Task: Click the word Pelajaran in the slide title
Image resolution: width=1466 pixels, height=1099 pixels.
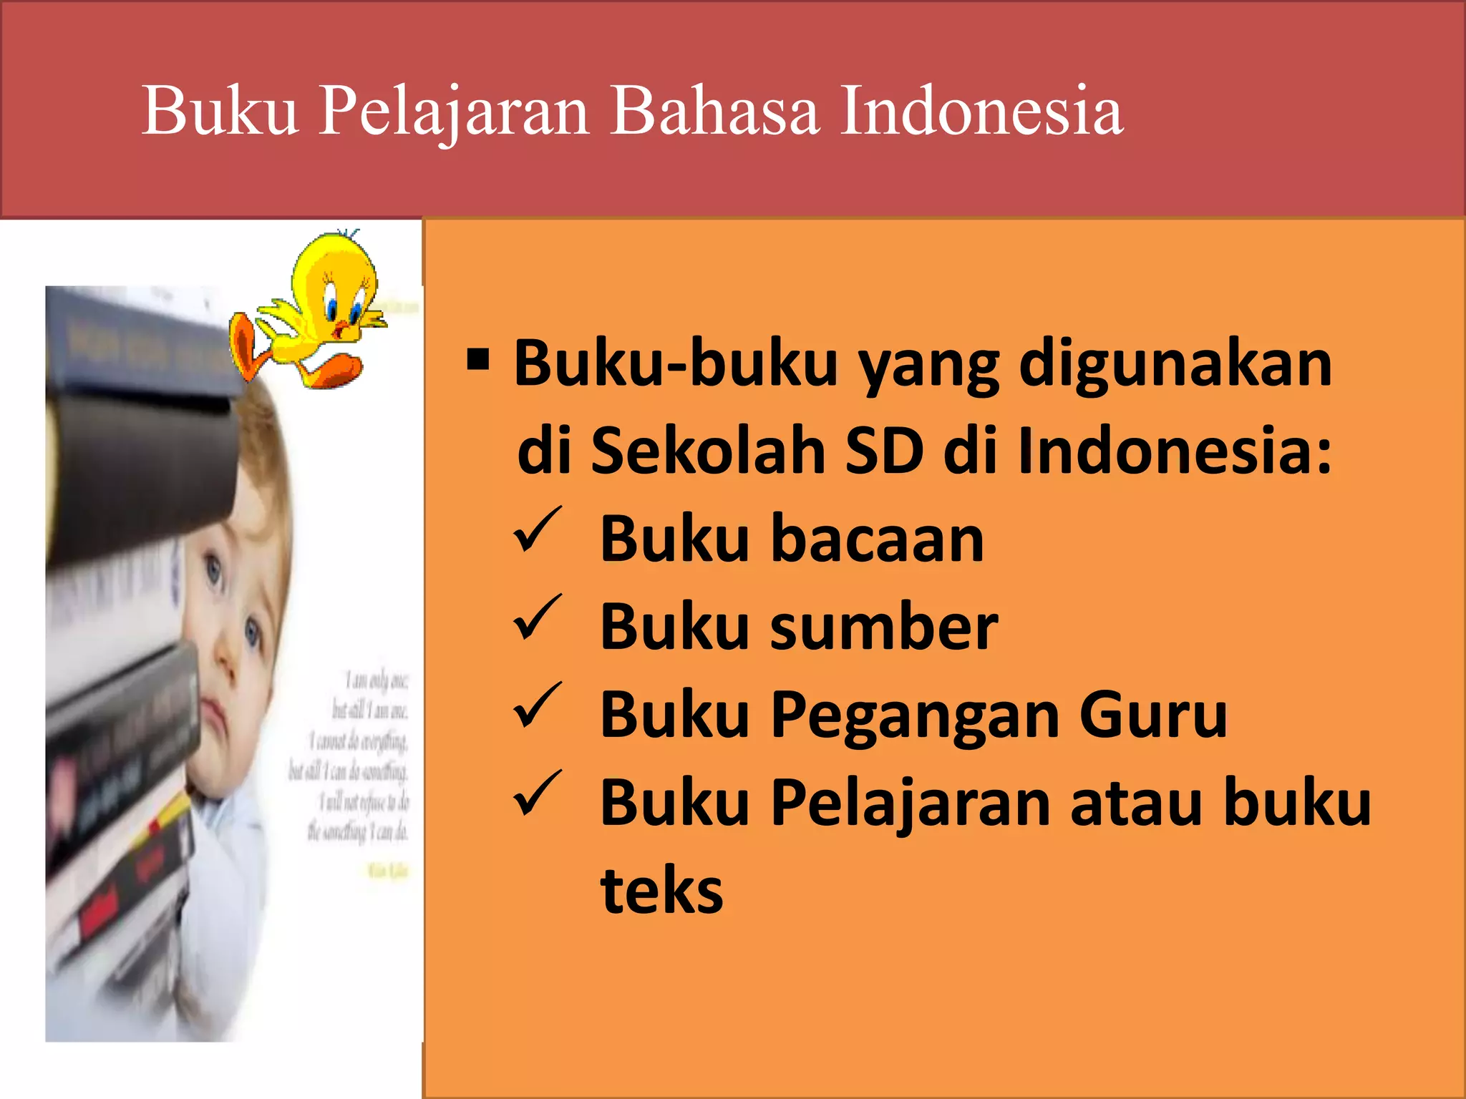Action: coord(454,112)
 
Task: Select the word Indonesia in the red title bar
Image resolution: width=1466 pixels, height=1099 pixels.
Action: coord(981,112)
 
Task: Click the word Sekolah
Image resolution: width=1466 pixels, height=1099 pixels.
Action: coord(708,451)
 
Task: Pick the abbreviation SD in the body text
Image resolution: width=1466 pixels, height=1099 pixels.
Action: coord(883,451)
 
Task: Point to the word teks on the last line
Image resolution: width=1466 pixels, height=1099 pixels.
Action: coord(662,892)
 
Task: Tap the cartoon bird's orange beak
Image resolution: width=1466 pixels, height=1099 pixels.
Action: coord(346,330)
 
